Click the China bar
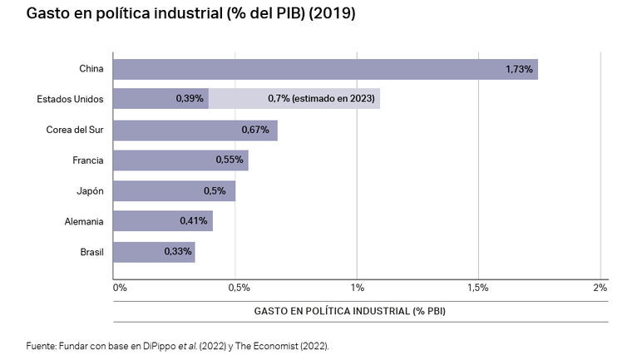point(324,69)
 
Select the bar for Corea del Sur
point(195,130)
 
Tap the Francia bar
point(180,160)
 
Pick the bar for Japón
point(174,191)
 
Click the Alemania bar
point(162,221)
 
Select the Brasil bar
point(153,251)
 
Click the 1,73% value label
point(519,69)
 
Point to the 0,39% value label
point(190,99)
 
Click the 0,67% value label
point(255,130)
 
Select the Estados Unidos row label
point(71,99)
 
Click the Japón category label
point(90,191)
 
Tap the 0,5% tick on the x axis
point(239,288)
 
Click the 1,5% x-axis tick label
point(477,288)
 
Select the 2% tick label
point(600,288)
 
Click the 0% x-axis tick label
point(120,288)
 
